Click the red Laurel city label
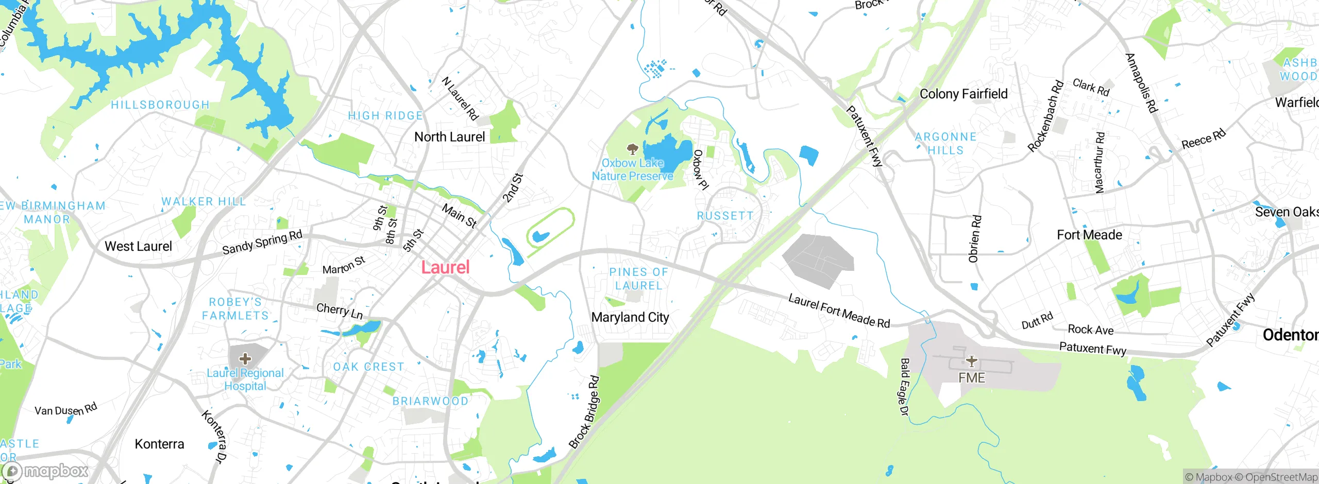tap(446, 267)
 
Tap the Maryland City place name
tap(630, 317)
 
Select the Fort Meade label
tap(1089, 235)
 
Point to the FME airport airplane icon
tap(971, 361)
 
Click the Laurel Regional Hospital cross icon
tap(245, 358)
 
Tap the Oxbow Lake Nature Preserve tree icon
tap(632, 150)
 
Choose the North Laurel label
tap(450, 137)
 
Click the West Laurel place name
tap(138, 246)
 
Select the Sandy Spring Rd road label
tap(262, 243)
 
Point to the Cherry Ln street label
tap(340, 310)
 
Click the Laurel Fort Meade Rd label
tap(839, 310)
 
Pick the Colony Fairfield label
tap(963, 94)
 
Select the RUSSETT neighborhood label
tap(725, 216)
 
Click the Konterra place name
tap(159, 444)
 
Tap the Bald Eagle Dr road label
tap(904, 387)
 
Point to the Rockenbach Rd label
tap(1045, 116)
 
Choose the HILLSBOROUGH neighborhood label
tap(160, 105)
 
